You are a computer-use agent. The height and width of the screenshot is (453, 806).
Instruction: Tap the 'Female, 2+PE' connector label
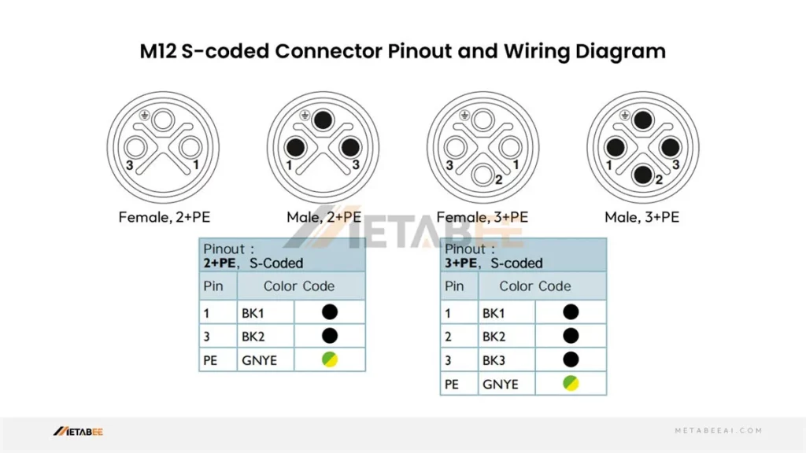[165, 216]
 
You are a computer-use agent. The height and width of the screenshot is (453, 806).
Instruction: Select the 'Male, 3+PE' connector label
[642, 216]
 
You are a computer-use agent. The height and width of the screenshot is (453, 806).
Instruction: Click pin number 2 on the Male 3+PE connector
[660, 180]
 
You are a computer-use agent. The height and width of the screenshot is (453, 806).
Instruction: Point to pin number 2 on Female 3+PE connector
[499, 180]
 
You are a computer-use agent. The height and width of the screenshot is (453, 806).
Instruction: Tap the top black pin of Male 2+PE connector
[323, 120]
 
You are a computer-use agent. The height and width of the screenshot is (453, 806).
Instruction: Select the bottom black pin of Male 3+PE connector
[643, 174]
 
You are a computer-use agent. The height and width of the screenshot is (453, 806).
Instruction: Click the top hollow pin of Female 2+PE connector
[163, 120]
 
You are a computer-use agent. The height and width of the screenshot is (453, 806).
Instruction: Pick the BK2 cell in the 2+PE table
[253, 336]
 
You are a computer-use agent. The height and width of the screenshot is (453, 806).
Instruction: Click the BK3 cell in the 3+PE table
[494, 360]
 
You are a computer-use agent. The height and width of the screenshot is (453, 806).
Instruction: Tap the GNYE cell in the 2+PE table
[259, 360]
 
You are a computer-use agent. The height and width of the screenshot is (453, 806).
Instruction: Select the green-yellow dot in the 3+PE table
[571, 384]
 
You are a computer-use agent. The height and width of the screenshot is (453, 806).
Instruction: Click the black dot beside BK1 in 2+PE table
[330, 312]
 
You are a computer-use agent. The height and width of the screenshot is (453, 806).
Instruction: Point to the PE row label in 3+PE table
[452, 384]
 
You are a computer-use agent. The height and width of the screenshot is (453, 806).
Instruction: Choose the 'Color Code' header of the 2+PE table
[299, 286]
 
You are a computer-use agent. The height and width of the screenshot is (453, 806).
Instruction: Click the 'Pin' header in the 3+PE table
[454, 286]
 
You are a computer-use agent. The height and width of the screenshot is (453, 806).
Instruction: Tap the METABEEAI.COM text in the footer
[719, 431]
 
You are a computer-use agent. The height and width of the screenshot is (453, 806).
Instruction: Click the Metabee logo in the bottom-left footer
[78, 431]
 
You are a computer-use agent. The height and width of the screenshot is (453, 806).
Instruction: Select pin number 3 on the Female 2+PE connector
[129, 165]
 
